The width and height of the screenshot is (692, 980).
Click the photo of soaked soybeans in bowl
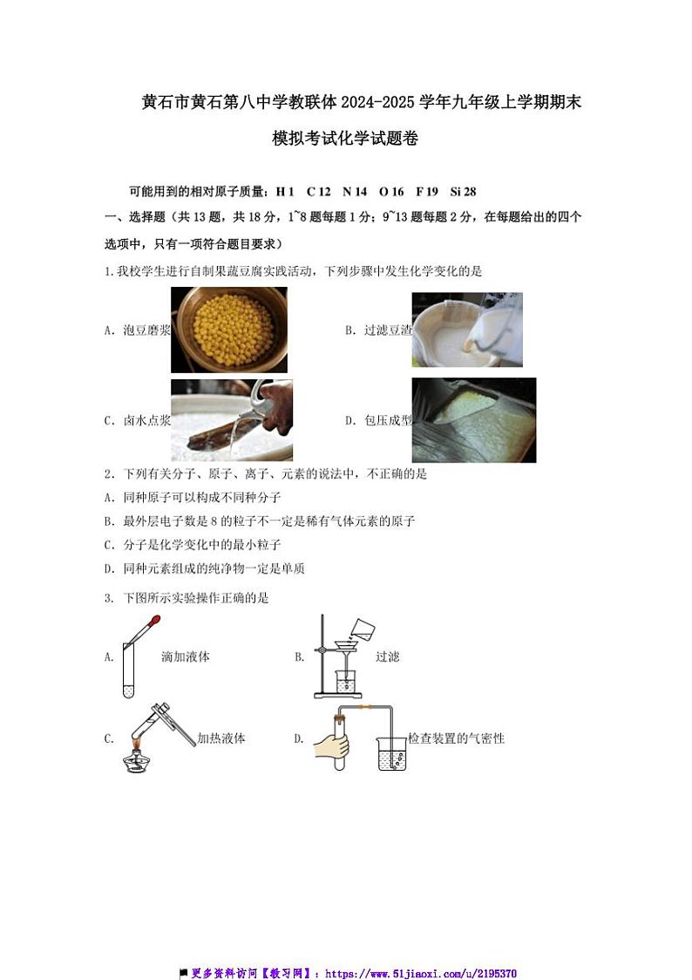pos(228,330)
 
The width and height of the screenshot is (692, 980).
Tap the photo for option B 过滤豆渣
pos(466,329)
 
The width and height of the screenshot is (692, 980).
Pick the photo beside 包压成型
pos(473,419)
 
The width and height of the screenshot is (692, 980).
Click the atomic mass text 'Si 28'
pos(463,191)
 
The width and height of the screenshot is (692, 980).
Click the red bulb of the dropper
pos(154,622)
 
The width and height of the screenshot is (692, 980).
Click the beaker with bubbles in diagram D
pos(392,753)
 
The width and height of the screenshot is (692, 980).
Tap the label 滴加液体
pos(186,657)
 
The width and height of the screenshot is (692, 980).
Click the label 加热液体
pos(221,738)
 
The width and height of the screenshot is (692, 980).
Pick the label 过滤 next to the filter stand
pos(387,657)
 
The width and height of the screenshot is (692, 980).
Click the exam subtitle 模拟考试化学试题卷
pos(345,139)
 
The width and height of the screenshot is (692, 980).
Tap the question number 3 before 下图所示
pos(106,598)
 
